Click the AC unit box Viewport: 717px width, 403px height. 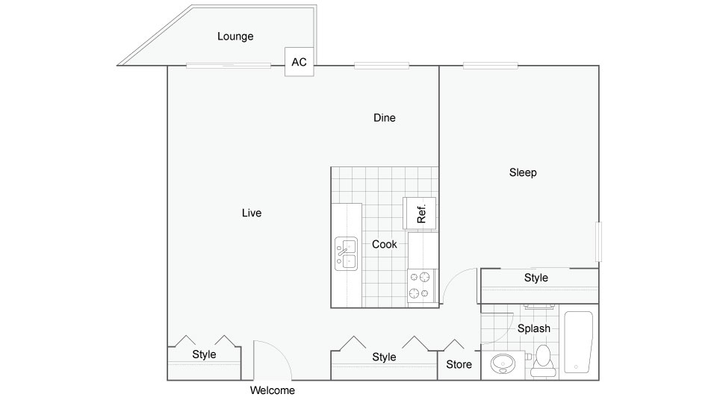[x=299, y=62]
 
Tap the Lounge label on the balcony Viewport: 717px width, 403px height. [x=235, y=36]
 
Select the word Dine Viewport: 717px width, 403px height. [x=384, y=117]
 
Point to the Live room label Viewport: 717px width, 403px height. [x=252, y=213]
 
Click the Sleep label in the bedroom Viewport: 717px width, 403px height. [x=523, y=172]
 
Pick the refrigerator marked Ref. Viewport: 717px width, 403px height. [x=419, y=213]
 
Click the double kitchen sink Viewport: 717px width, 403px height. [x=346, y=254]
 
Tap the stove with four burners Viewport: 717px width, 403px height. [x=421, y=286]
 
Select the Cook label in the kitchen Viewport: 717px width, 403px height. [x=384, y=245]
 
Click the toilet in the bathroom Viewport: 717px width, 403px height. [x=543, y=360]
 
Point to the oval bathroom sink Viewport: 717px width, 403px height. [x=503, y=363]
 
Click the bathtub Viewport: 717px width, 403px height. [x=578, y=342]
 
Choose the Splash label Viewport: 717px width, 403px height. [x=533, y=328]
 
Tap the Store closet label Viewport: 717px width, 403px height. [x=459, y=364]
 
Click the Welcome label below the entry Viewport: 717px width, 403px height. [x=272, y=390]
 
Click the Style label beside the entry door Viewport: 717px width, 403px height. [x=204, y=354]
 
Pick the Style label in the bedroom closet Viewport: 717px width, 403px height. [x=536, y=278]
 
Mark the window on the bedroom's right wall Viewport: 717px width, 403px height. [x=598, y=242]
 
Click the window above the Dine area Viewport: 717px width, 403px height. [x=382, y=66]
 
